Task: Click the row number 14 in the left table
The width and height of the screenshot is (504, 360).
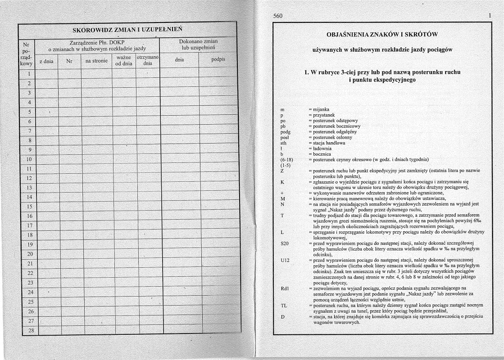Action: pos(28,197)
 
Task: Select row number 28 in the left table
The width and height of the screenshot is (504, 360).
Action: pos(31,330)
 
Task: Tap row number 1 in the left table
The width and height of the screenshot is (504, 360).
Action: pos(28,74)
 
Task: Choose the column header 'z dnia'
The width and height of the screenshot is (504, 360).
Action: pos(46,61)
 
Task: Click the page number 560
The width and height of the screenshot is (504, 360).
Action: pos(278,16)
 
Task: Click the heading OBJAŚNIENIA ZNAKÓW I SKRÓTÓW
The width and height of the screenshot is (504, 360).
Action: pos(381,35)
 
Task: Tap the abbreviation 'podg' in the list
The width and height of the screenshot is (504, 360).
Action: pos(286,132)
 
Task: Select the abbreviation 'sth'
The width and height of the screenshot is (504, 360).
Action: pos(283,143)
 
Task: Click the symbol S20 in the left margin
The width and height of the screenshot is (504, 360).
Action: pos(285,243)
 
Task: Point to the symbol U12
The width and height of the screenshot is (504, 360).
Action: pos(285,261)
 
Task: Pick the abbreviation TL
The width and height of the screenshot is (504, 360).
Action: pos(283,306)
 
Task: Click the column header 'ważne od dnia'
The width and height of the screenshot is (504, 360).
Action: pos(123,61)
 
